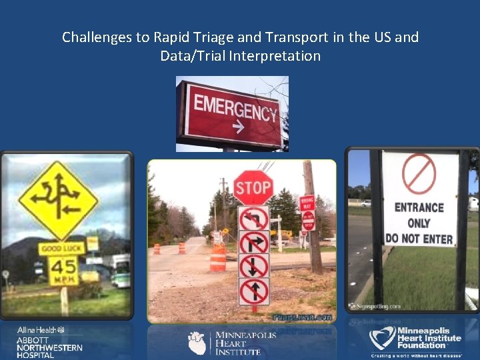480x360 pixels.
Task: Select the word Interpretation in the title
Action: click(x=275, y=56)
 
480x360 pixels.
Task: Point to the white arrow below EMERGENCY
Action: click(x=235, y=126)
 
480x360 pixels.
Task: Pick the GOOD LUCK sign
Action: click(x=61, y=249)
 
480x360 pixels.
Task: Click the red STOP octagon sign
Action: click(x=253, y=187)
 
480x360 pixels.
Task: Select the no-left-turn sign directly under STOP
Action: click(x=253, y=218)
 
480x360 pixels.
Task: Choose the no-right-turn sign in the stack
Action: click(x=253, y=242)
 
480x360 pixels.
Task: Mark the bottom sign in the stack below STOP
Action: click(x=253, y=291)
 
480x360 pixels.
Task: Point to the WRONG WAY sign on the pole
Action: click(x=307, y=203)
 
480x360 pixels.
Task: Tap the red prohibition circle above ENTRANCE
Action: click(x=419, y=175)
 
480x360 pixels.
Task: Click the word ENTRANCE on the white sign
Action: click(x=419, y=208)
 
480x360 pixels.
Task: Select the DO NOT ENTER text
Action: click(x=419, y=239)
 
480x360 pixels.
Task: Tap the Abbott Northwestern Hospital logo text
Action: click(x=50, y=347)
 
